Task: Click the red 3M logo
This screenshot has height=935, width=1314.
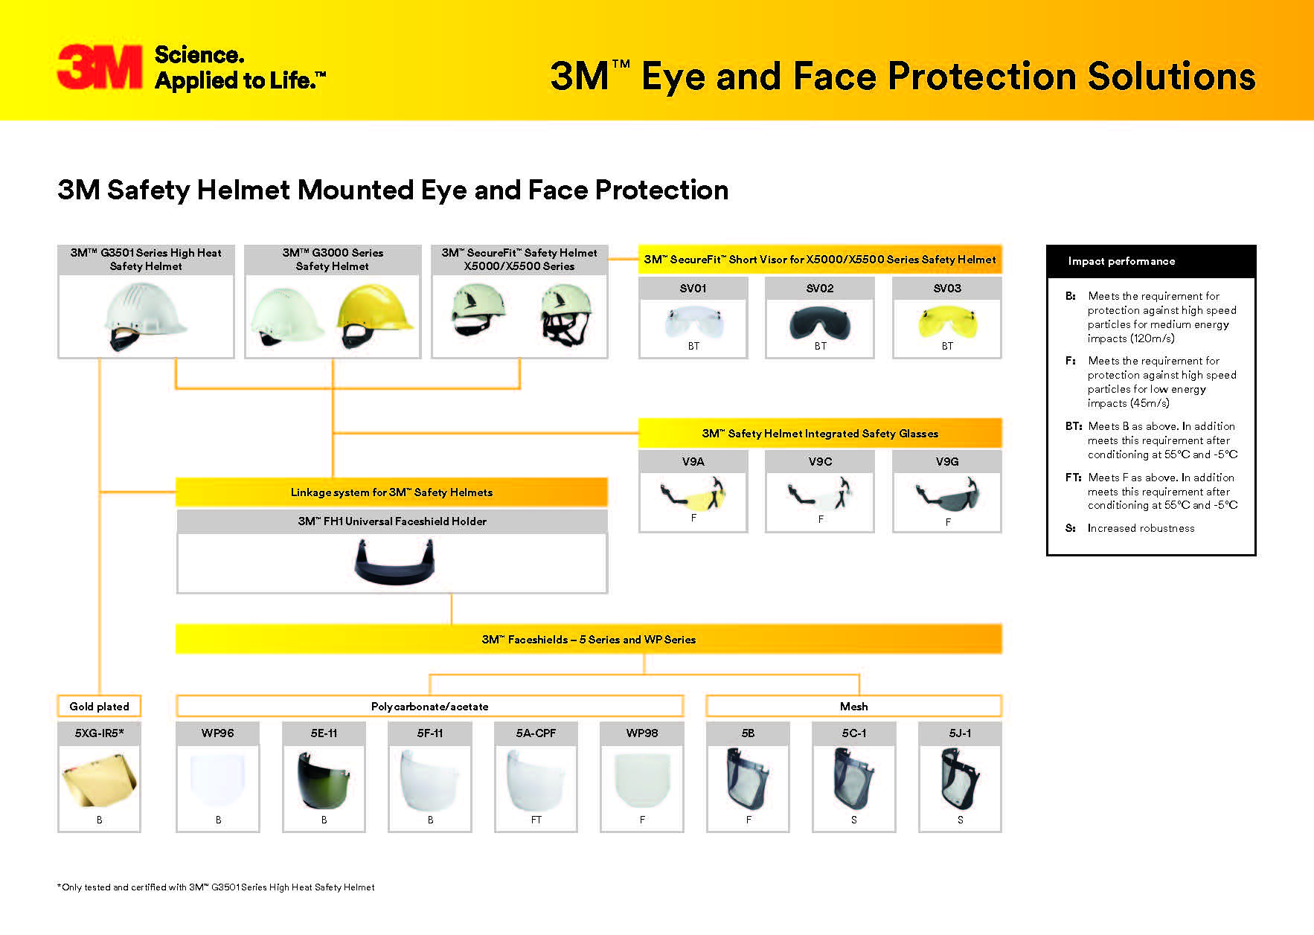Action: click(100, 67)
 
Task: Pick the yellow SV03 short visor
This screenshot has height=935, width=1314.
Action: click(946, 321)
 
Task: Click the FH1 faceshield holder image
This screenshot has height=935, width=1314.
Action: click(393, 562)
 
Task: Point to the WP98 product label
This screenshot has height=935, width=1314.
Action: click(642, 733)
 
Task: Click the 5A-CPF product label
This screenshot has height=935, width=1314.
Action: click(536, 733)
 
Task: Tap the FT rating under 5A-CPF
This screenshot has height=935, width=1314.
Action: click(536, 820)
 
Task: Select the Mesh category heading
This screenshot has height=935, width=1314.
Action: click(853, 706)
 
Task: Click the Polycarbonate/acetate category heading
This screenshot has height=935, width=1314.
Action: click(429, 706)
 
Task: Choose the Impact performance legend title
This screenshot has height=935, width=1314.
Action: click(1121, 261)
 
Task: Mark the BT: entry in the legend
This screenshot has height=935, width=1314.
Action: click(1073, 426)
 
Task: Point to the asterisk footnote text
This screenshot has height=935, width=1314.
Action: click(216, 887)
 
